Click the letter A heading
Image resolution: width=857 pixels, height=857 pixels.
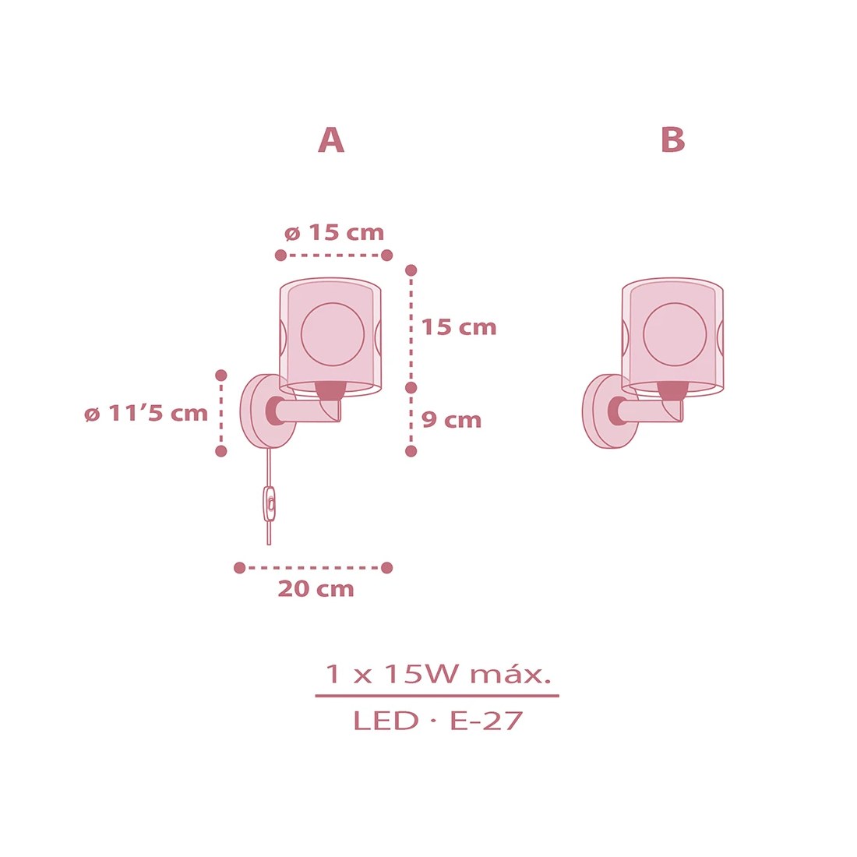pos(331,140)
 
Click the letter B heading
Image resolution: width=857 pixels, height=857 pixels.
pos(673,140)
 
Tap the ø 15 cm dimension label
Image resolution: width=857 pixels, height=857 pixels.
pos(334,233)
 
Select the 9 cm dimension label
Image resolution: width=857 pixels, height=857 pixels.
pos(451,420)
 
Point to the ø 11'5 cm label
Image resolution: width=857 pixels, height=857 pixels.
pos(146,414)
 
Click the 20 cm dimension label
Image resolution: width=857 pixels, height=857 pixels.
pos(316,589)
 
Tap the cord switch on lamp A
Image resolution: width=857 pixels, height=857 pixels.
pos(270,504)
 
